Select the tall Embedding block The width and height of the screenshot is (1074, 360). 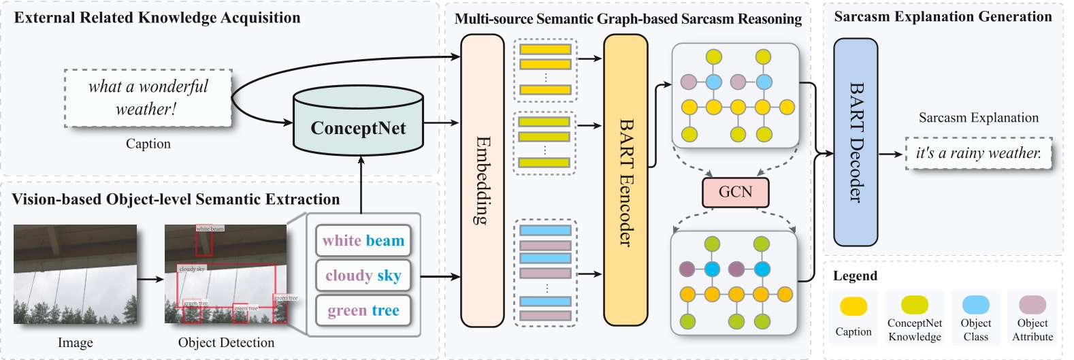[482, 180]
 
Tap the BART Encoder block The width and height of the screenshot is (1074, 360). [625, 180]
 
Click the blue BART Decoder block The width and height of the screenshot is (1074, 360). [856, 142]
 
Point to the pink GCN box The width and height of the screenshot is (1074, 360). [735, 193]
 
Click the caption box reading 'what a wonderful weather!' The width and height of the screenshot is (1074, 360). [148, 98]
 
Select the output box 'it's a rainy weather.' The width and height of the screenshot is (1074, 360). [978, 153]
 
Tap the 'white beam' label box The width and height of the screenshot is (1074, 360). [363, 241]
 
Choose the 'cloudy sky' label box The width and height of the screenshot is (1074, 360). [363, 276]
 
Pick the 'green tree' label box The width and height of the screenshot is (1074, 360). [363, 311]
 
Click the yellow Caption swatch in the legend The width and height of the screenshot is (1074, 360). [853, 306]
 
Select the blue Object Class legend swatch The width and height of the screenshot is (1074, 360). [975, 304]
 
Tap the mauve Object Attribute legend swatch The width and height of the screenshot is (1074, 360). [1032, 304]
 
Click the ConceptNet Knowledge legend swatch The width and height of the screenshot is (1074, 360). [915, 304]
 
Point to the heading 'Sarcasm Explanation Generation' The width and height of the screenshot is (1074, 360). [943, 16]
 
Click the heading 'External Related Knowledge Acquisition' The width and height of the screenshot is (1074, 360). [157, 18]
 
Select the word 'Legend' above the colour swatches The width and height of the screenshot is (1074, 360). [855, 276]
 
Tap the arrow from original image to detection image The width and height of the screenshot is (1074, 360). [150, 278]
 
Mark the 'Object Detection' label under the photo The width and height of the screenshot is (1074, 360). [226, 343]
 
